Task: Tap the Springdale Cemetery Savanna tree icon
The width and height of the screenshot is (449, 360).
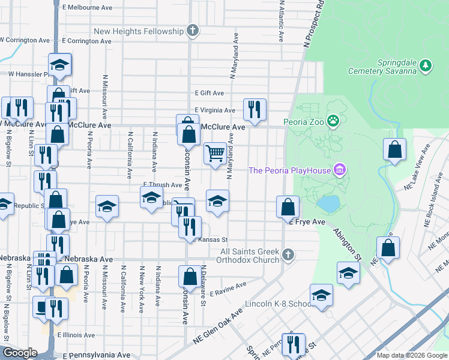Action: click(x=426, y=65)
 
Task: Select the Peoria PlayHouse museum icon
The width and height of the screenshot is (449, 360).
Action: click(x=340, y=170)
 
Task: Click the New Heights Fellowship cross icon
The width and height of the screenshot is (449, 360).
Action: click(x=192, y=31)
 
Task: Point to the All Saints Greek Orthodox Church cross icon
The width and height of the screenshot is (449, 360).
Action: click(x=288, y=255)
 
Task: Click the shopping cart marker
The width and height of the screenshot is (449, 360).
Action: click(x=215, y=153)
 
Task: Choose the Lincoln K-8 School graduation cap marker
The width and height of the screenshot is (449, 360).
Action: click(x=321, y=295)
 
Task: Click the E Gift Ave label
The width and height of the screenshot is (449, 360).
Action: click(x=209, y=93)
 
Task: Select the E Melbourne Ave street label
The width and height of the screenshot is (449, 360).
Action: click(x=87, y=8)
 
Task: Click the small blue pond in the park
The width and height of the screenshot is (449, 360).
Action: click(x=328, y=204)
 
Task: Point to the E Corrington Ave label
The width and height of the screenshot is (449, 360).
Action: click(x=86, y=41)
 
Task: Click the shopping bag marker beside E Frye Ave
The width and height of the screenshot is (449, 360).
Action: click(x=288, y=207)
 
